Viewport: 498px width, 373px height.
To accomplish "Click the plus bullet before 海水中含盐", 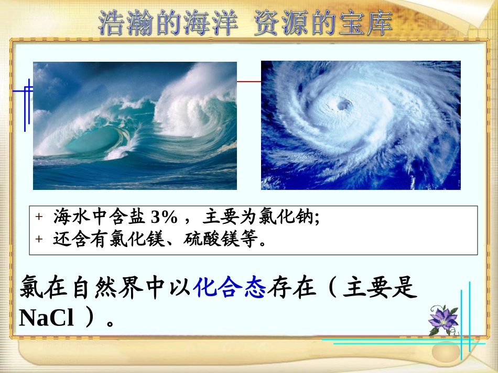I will (x=38, y=217).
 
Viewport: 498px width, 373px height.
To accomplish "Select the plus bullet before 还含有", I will (x=38, y=240).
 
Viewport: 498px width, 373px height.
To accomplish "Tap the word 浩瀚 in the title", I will (x=123, y=24).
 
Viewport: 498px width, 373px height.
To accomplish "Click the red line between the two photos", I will (x=249, y=82).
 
